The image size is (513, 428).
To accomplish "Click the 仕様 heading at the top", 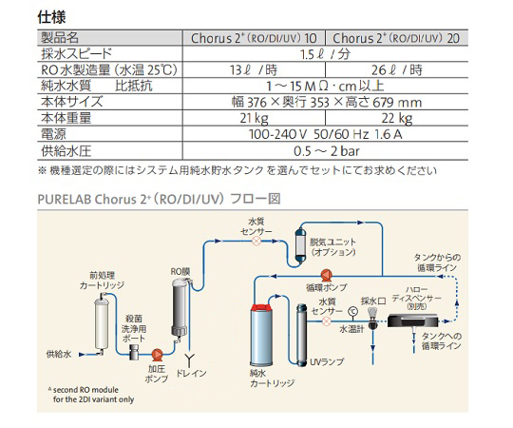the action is [x=51, y=17].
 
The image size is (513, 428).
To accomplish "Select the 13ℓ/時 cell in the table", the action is [x=254, y=69].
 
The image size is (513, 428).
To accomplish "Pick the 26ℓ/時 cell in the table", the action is [x=396, y=69].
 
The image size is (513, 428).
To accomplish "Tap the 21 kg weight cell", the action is [x=254, y=118].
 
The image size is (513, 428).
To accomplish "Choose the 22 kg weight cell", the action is [x=396, y=118].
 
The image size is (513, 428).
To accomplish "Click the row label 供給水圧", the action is [x=66, y=151].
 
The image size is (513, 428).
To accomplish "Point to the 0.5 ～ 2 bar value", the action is [x=327, y=151].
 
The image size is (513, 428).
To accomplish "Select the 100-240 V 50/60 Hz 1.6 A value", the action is [x=326, y=134].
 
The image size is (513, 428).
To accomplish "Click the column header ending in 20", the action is [x=396, y=38].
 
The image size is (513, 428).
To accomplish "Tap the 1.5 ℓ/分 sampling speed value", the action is [x=326, y=54].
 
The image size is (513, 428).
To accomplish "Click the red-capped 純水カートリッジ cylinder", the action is [x=262, y=335].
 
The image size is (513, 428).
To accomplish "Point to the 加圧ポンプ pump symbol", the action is [x=157, y=354].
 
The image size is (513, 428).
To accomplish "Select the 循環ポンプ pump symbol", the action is [x=326, y=276].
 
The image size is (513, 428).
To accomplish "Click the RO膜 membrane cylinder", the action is [x=180, y=308].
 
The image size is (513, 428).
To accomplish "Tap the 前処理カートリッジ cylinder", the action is [x=102, y=323].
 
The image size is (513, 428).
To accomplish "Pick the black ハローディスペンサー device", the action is [x=413, y=321].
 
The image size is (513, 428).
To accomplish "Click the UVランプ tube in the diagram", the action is [x=301, y=335].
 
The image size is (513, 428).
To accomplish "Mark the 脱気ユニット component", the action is [x=300, y=244].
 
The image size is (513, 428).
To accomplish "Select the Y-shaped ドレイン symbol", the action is [x=189, y=360].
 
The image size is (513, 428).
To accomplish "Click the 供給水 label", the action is [x=59, y=354].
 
